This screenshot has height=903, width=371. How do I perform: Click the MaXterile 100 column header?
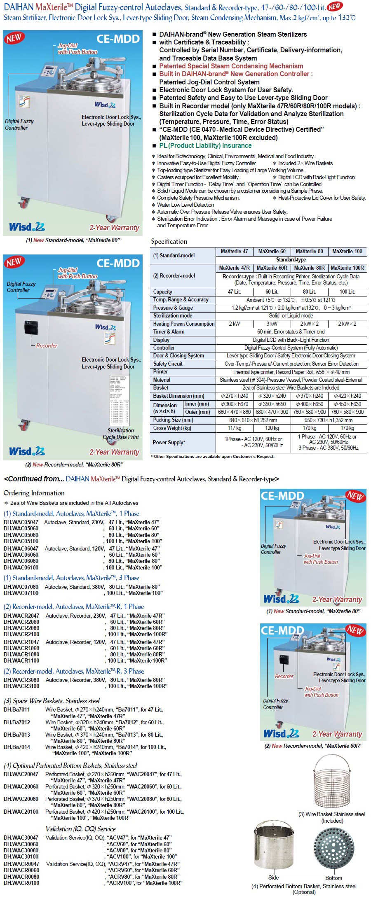[x=347, y=251]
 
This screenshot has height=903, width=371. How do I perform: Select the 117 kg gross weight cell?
[x=234, y=428]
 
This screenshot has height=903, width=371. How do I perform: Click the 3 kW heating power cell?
[x=272, y=324]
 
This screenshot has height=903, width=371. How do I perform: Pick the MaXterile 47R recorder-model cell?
[x=234, y=268]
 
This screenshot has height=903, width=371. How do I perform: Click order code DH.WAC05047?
[x=21, y=522]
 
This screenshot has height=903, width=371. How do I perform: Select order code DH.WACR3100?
[x=21, y=686]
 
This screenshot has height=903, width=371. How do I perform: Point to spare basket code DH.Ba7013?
[x=17, y=735]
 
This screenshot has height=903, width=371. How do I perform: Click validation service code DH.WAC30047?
[x=21, y=838]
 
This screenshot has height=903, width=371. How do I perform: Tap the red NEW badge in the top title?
[x=334, y=6]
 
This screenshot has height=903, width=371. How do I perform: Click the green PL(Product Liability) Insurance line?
[x=205, y=145]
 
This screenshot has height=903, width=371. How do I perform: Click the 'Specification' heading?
[x=169, y=241]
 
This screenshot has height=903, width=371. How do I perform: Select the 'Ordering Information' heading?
[x=34, y=493]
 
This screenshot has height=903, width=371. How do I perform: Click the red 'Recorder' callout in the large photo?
[x=47, y=345]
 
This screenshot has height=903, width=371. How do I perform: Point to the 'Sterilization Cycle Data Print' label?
[x=121, y=434]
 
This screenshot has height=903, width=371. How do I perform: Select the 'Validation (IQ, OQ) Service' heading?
[x=80, y=829]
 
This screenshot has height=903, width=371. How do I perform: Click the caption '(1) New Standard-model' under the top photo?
[x=73, y=240]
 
